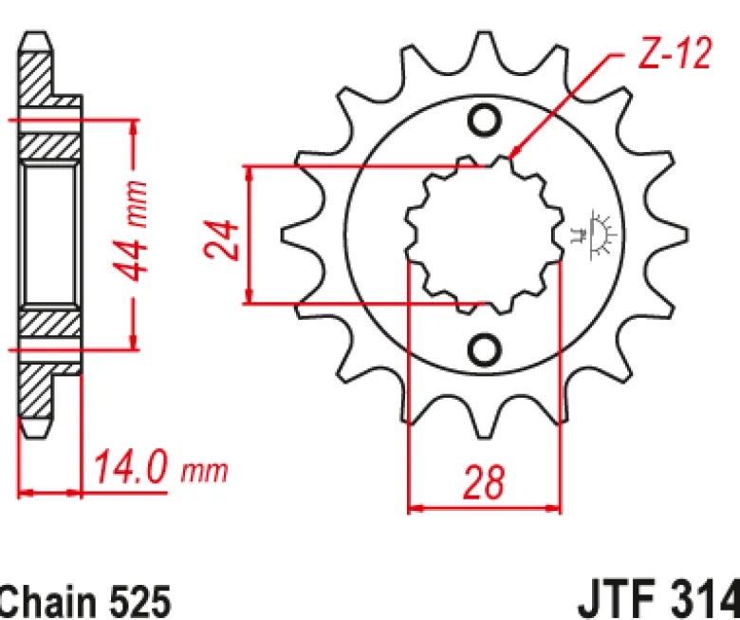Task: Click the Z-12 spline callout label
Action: [674, 53]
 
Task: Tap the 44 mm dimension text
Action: [130, 231]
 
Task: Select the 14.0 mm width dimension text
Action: [160, 468]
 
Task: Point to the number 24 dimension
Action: [221, 240]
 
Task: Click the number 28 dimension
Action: [484, 482]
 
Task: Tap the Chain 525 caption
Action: [85, 602]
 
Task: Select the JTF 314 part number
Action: [657, 601]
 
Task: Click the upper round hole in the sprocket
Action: [485, 120]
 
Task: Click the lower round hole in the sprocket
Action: [485, 349]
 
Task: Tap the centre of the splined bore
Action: [485, 235]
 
